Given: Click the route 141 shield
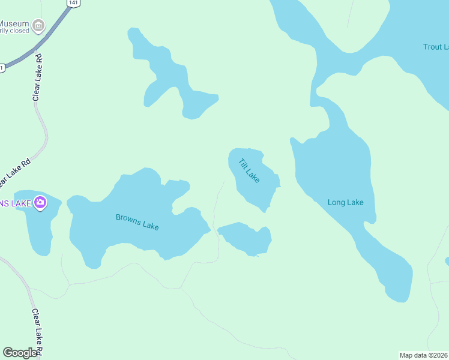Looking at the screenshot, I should [73, 3].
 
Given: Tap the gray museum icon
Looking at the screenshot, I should [38, 25].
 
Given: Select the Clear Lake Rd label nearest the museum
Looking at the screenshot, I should [38, 77].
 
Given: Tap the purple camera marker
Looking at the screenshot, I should [40, 203].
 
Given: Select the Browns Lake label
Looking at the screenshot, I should [137, 221].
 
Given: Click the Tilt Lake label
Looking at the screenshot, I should [249, 171].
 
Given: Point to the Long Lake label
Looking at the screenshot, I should [345, 202].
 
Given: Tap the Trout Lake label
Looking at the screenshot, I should [435, 47].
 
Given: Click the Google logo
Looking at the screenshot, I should [20, 353].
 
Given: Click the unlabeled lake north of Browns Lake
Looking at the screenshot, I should [168, 78].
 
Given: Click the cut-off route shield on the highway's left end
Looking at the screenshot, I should [2, 68].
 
